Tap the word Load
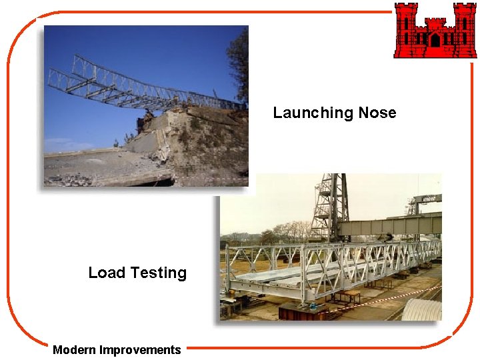tap(107, 273)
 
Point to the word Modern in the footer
tap(75, 350)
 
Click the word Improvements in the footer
tap(140, 350)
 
